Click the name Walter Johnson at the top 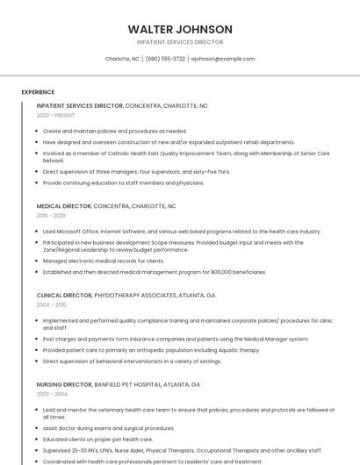point(180,29)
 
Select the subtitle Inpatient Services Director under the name point(180,42)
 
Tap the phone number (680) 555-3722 point(165,59)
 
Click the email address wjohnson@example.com point(223,59)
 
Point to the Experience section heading point(38,92)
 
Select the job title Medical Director point(63,206)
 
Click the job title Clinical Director point(63,296)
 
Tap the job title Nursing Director point(64,384)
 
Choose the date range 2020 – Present point(55,115)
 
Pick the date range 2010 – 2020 point(51,215)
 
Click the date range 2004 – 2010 point(51,304)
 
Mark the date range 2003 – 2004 point(51,394)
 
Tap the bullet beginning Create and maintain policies point(114,131)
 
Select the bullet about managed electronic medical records point(103,261)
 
